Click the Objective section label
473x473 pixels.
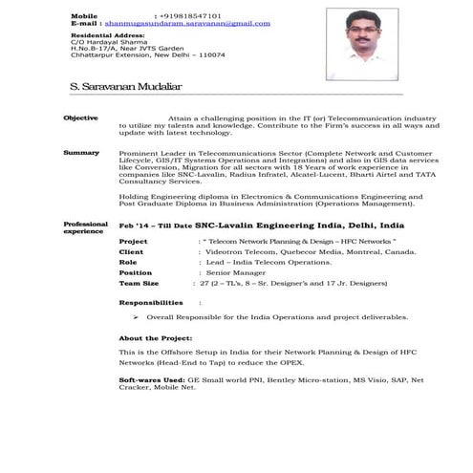coord(80,117)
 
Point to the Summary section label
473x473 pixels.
coord(80,153)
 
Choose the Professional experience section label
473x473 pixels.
coord(85,227)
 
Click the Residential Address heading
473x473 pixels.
coord(106,35)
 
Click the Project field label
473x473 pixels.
coord(133,243)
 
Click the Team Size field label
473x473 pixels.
coord(138,283)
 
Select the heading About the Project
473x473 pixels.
coord(155,338)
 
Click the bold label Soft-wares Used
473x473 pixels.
coord(152,380)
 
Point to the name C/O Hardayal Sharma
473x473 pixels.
coord(107,42)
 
